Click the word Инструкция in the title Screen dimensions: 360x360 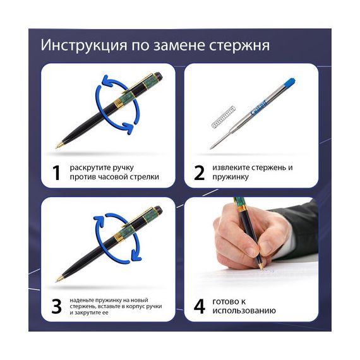[84, 45]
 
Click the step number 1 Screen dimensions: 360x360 [56, 172]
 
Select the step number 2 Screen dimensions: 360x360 [199, 172]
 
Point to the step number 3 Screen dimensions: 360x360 [56, 306]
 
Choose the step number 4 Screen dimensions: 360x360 [200, 306]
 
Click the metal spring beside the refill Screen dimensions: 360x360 [223, 117]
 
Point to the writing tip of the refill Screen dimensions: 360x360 [211, 148]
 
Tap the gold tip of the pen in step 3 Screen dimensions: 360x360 [58, 279]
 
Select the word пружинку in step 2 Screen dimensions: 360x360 [231, 177]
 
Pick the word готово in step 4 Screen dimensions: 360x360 [225, 301]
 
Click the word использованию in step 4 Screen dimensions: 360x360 [244, 311]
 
